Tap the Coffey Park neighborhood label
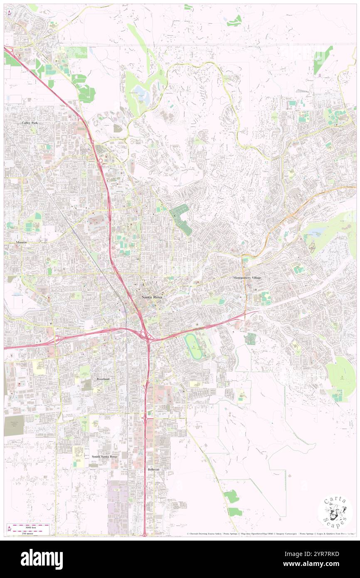click(30, 123)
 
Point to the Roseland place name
click(103, 379)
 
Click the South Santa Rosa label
click(104, 456)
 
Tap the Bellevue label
click(153, 469)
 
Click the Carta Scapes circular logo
click(335, 513)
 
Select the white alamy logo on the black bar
click(42, 559)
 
